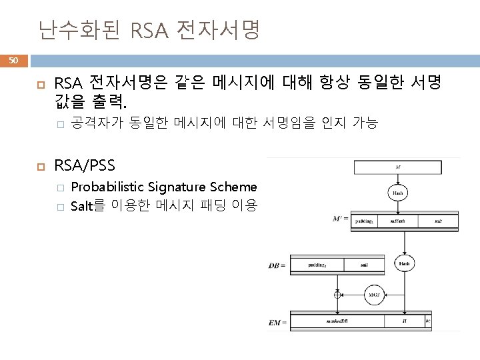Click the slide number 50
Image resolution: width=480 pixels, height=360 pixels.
(13, 61)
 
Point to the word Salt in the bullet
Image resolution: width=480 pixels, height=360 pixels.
(81, 206)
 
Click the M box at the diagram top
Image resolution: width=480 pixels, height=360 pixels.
(397, 167)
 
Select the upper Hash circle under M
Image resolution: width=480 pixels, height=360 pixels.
(397, 193)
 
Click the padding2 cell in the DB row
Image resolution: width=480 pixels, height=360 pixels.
(317, 264)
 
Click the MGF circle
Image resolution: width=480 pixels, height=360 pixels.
(373, 295)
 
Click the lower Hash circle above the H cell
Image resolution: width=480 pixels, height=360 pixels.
(404, 264)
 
